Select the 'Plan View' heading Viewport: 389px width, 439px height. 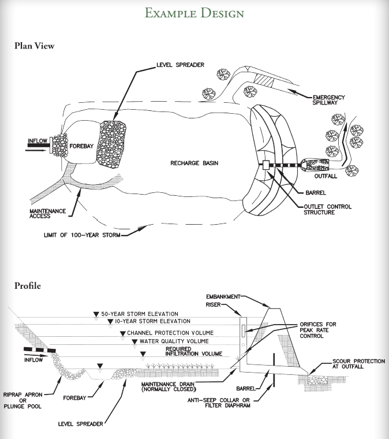(x=35, y=46)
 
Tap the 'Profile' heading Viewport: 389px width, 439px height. (x=27, y=285)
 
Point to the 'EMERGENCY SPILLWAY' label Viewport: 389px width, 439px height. (x=328, y=100)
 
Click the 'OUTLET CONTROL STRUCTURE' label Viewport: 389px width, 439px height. (x=326, y=209)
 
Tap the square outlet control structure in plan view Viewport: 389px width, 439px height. (x=267, y=164)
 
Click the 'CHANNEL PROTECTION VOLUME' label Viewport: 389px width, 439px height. (x=170, y=333)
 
